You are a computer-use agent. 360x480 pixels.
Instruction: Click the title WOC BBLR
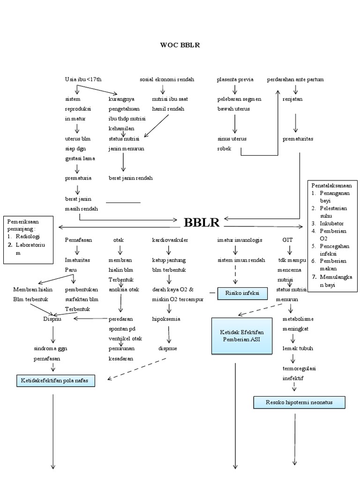click(x=180, y=45)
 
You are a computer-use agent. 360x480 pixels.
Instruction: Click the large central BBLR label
click(x=202, y=222)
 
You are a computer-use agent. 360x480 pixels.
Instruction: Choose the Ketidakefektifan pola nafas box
click(x=56, y=381)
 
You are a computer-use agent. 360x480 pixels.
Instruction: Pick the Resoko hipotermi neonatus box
click(x=299, y=402)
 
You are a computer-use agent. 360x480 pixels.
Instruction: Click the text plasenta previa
click(x=235, y=80)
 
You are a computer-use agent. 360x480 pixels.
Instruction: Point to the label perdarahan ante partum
click(x=295, y=80)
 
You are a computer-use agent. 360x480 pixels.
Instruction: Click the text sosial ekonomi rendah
click(x=167, y=80)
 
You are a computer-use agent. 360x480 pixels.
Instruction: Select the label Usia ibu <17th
click(x=83, y=80)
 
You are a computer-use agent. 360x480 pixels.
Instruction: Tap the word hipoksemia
click(x=166, y=319)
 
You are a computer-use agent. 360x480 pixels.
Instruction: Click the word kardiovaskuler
click(x=170, y=240)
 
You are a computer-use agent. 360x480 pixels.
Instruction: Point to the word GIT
click(x=287, y=240)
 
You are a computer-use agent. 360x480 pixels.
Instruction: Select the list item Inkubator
click(x=332, y=224)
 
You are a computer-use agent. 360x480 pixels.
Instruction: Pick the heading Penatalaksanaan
click(x=332, y=186)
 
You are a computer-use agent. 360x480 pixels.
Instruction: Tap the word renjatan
click(x=292, y=99)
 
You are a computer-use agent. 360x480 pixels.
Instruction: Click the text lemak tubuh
click(x=298, y=348)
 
